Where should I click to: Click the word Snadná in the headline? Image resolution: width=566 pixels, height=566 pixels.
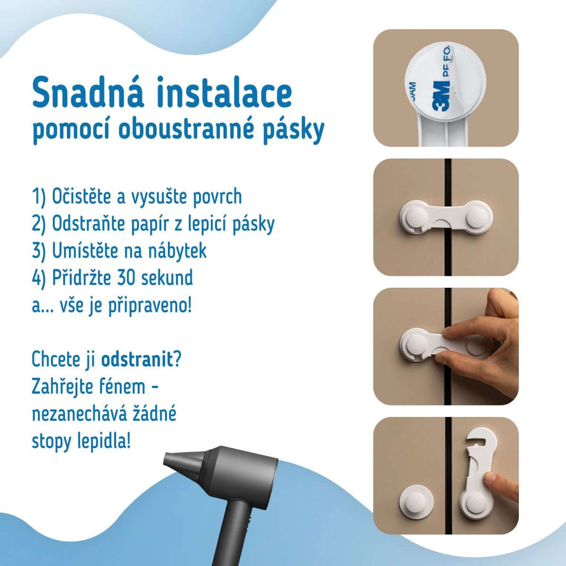point(88,92)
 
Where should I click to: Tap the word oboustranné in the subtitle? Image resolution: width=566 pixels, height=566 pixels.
point(186,130)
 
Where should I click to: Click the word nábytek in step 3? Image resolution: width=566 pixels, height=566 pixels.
point(177,250)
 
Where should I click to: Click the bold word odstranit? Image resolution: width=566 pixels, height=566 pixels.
point(137,359)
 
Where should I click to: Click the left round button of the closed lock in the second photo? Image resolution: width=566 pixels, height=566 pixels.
point(417,217)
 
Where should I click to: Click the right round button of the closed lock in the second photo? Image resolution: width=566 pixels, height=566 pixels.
point(477,217)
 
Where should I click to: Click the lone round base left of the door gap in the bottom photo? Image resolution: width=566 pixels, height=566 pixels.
point(416,502)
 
